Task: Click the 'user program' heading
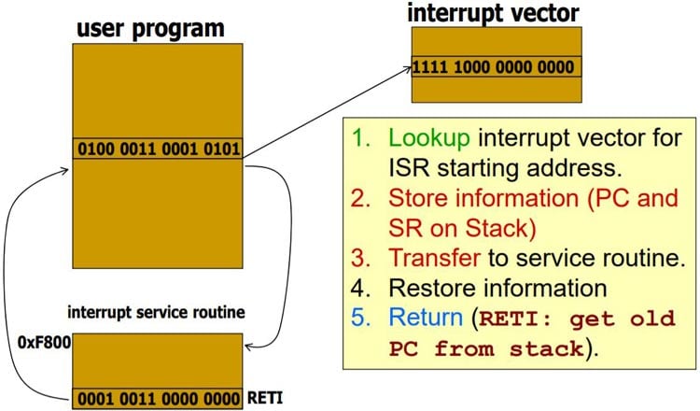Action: coord(150,27)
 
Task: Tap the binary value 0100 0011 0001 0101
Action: coord(158,149)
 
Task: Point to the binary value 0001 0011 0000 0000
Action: coord(158,397)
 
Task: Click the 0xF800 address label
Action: coord(37,343)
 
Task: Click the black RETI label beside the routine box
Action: coord(267,397)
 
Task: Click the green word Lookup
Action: coord(431,137)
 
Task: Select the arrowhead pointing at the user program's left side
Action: coord(66,170)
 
